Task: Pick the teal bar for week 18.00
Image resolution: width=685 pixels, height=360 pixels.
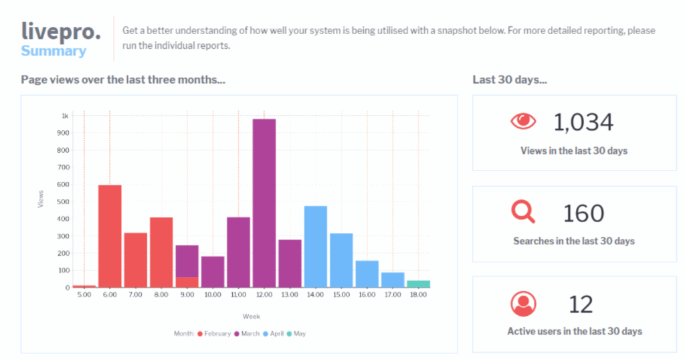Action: click(x=418, y=284)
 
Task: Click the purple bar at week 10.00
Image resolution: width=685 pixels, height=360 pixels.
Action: click(x=213, y=272)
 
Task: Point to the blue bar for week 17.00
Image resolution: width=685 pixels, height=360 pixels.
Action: click(x=393, y=280)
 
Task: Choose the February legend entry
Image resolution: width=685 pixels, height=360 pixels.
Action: click(x=213, y=333)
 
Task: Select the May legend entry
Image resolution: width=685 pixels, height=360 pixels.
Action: click(x=298, y=333)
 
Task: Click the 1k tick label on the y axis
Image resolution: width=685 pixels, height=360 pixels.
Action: click(x=64, y=116)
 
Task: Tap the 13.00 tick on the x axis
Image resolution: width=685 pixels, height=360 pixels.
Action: click(x=290, y=294)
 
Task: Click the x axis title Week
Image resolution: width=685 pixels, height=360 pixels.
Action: click(x=252, y=317)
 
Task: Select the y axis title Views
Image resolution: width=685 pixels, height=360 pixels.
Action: click(x=41, y=199)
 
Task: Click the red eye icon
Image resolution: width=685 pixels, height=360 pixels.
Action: click(x=523, y=121)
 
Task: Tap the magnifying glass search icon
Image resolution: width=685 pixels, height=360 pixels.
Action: click(x=523, y=212)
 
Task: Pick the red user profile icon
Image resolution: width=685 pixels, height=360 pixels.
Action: click(x=523, y=304)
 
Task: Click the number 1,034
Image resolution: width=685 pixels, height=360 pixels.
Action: click(x=583, y=122)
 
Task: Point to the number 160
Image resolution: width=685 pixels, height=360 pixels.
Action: click(x=583, y=213)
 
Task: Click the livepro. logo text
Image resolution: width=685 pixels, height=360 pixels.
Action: click(x=61, y=31)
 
